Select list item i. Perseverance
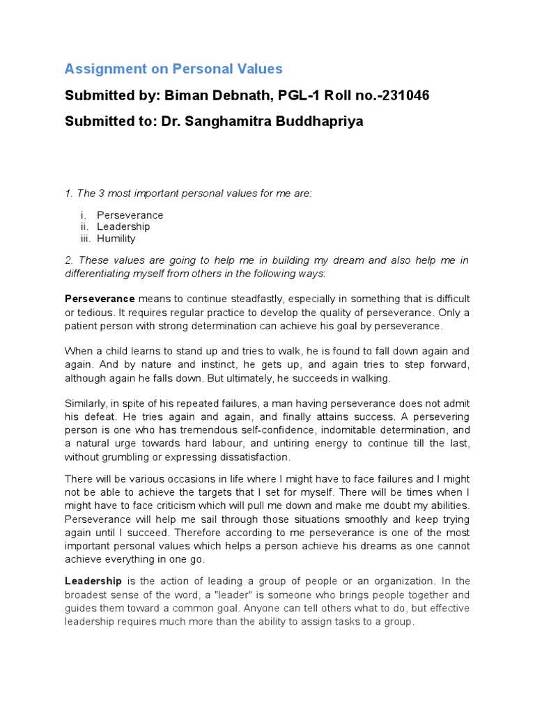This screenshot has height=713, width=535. pos(130,215)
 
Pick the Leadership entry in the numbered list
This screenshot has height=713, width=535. pos(123,227)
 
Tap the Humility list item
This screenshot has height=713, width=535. pos(116,238)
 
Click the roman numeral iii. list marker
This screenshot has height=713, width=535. pos(86,238)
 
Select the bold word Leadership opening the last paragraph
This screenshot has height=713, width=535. pos(93,581)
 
